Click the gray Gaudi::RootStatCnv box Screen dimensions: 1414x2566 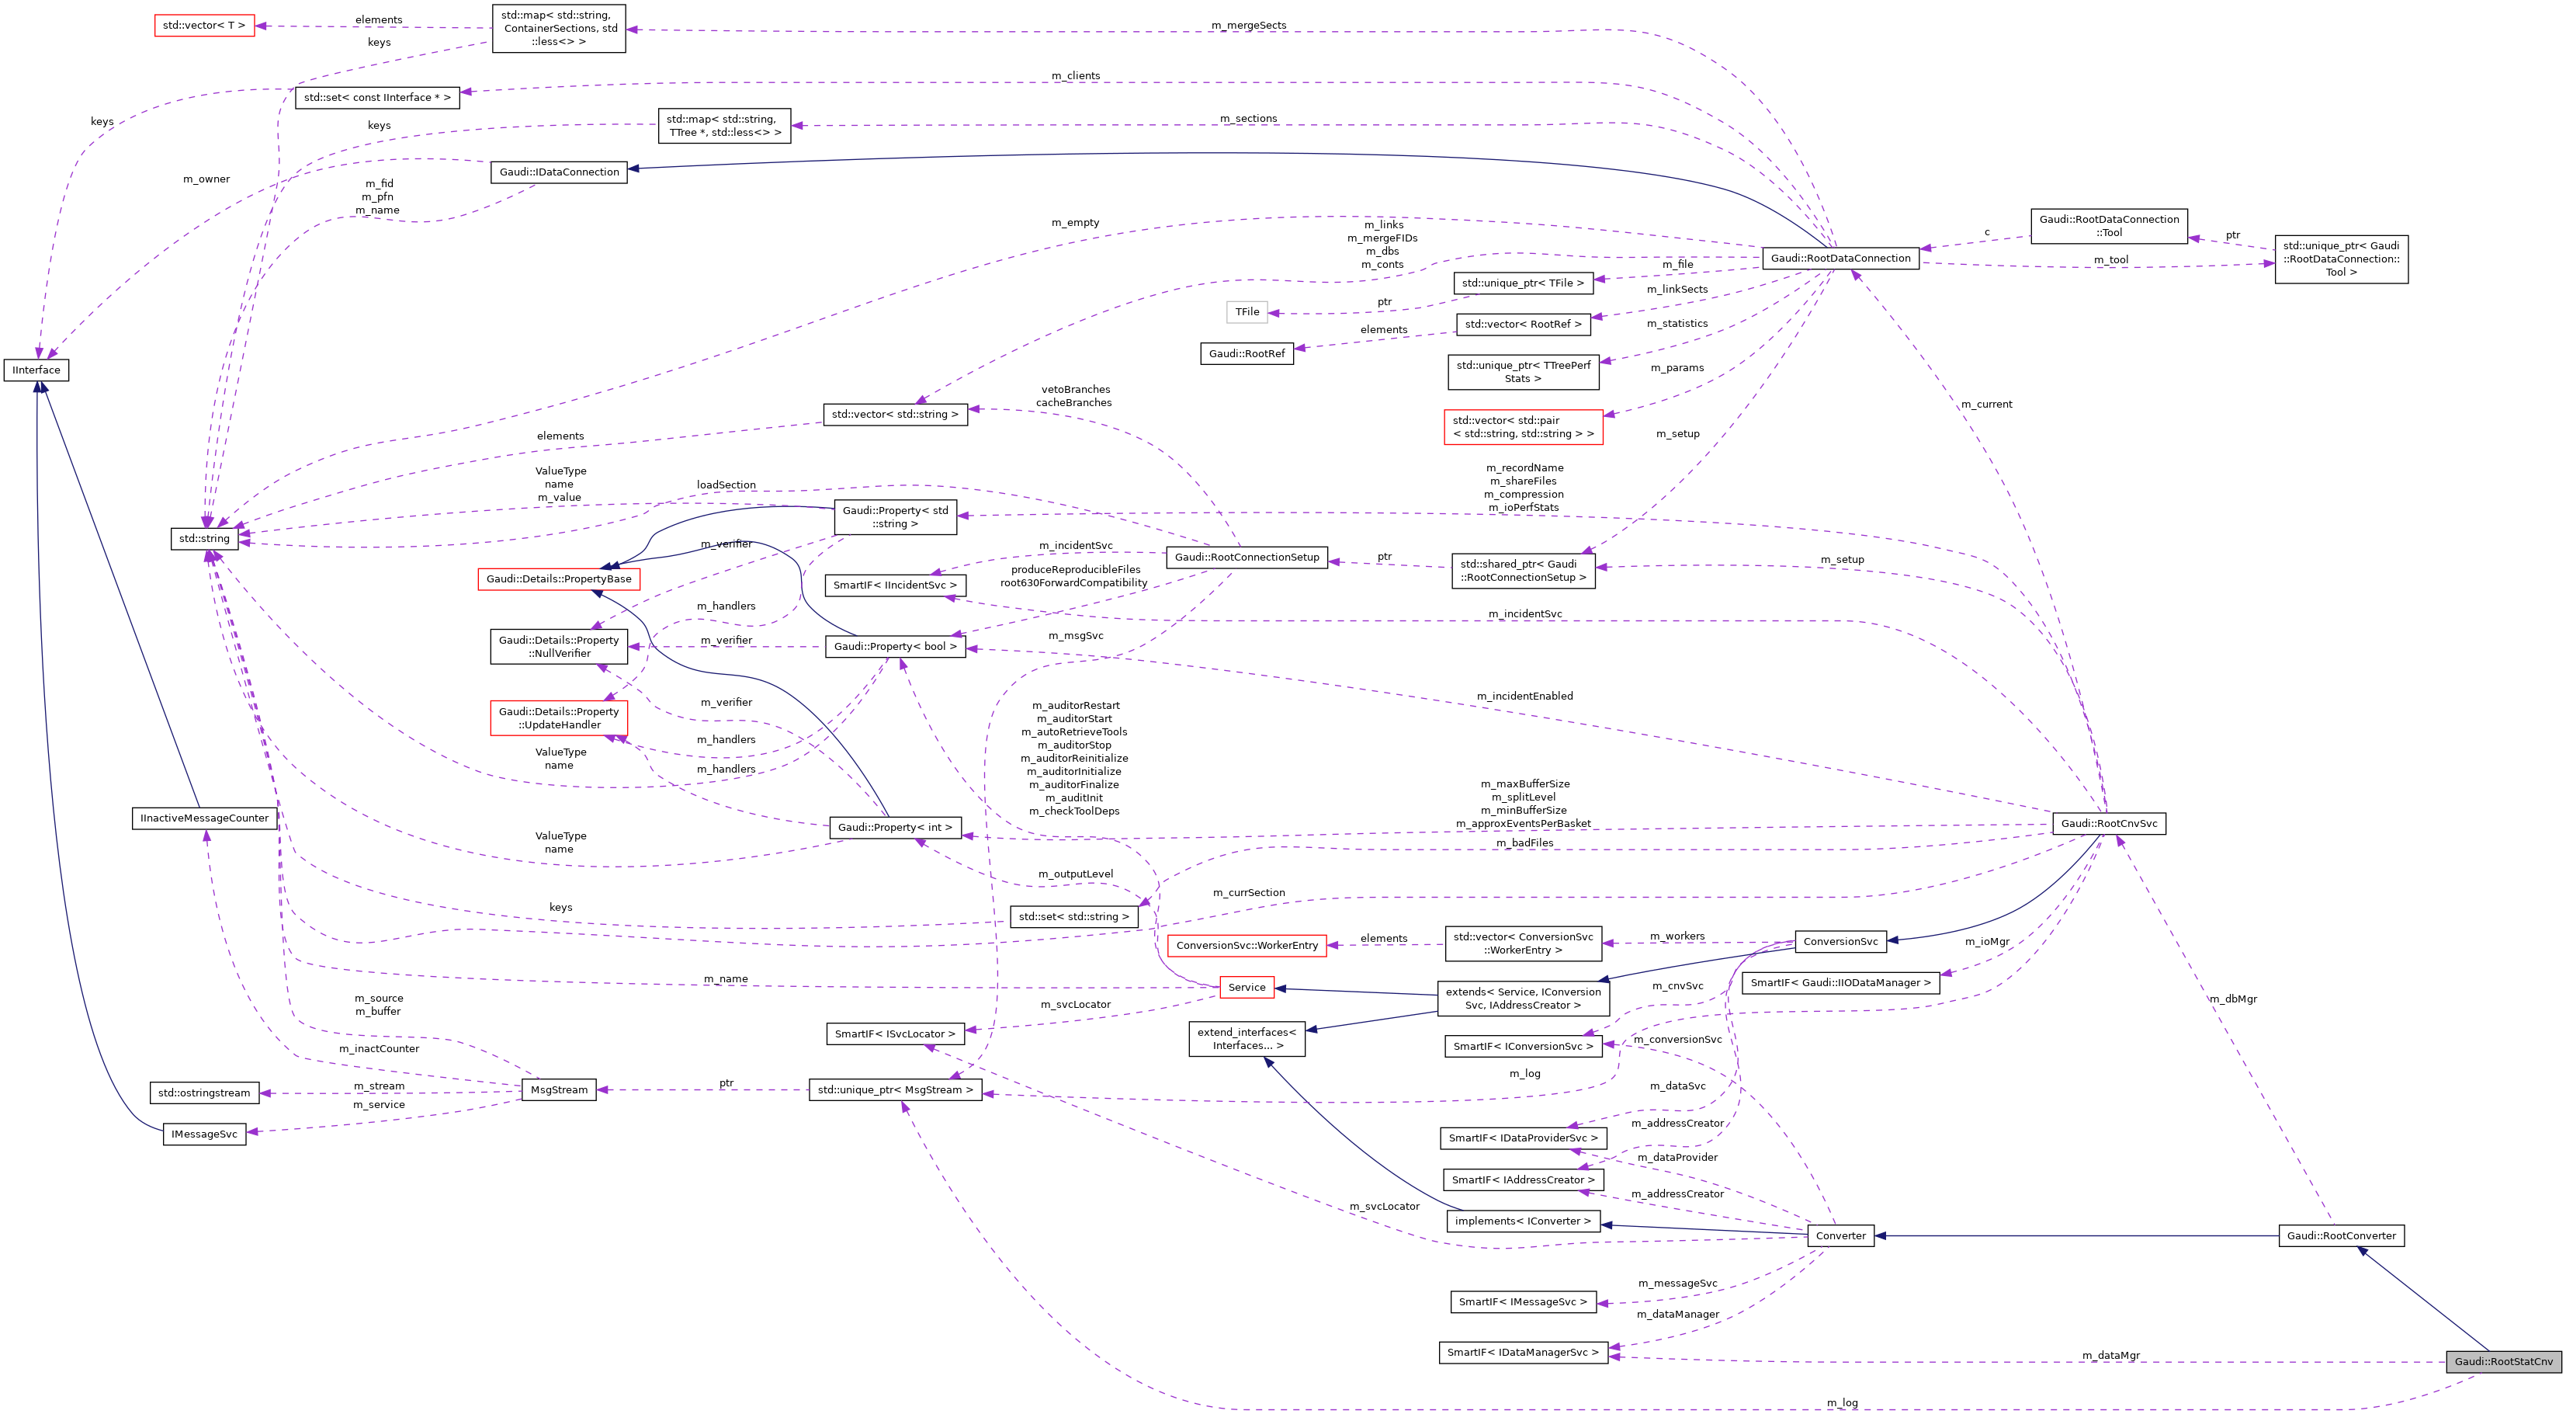pos(2502,1361)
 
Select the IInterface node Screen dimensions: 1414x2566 pos(36,370)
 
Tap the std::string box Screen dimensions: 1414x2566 pos(204,538)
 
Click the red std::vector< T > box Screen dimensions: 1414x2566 pos(204,25)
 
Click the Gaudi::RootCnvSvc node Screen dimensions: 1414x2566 pos(2108,823)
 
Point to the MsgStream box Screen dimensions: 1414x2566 pos(559,1089)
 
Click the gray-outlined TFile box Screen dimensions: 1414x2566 pos(1247,312)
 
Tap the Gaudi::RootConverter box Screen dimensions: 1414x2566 pos(2340,1235)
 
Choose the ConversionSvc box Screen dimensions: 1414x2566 pos(1840,942)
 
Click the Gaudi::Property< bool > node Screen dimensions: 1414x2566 pos(894,647)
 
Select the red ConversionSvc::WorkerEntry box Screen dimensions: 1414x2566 pos(1247,946)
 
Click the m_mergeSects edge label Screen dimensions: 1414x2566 pos(1248,25)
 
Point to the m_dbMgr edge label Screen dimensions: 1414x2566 pos(2232,999)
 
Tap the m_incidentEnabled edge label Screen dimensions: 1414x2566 pos(1524,696)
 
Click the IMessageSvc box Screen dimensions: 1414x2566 pos(204,1134)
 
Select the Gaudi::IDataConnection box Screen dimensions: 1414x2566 pos(559,172)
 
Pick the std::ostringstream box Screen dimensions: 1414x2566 pos(204,1093)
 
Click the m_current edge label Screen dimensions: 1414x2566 pos(1985,404)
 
